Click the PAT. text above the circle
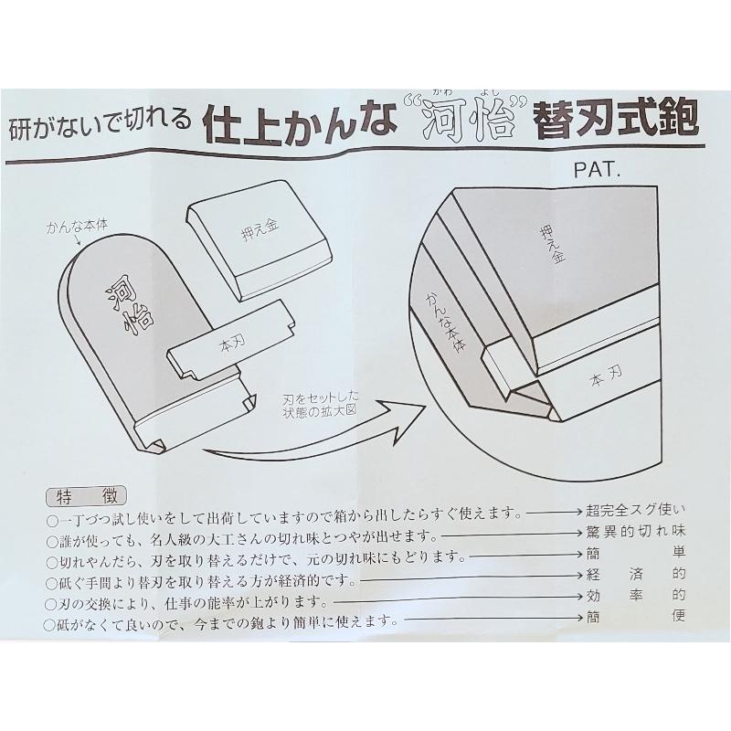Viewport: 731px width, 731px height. tap(599, 170)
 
